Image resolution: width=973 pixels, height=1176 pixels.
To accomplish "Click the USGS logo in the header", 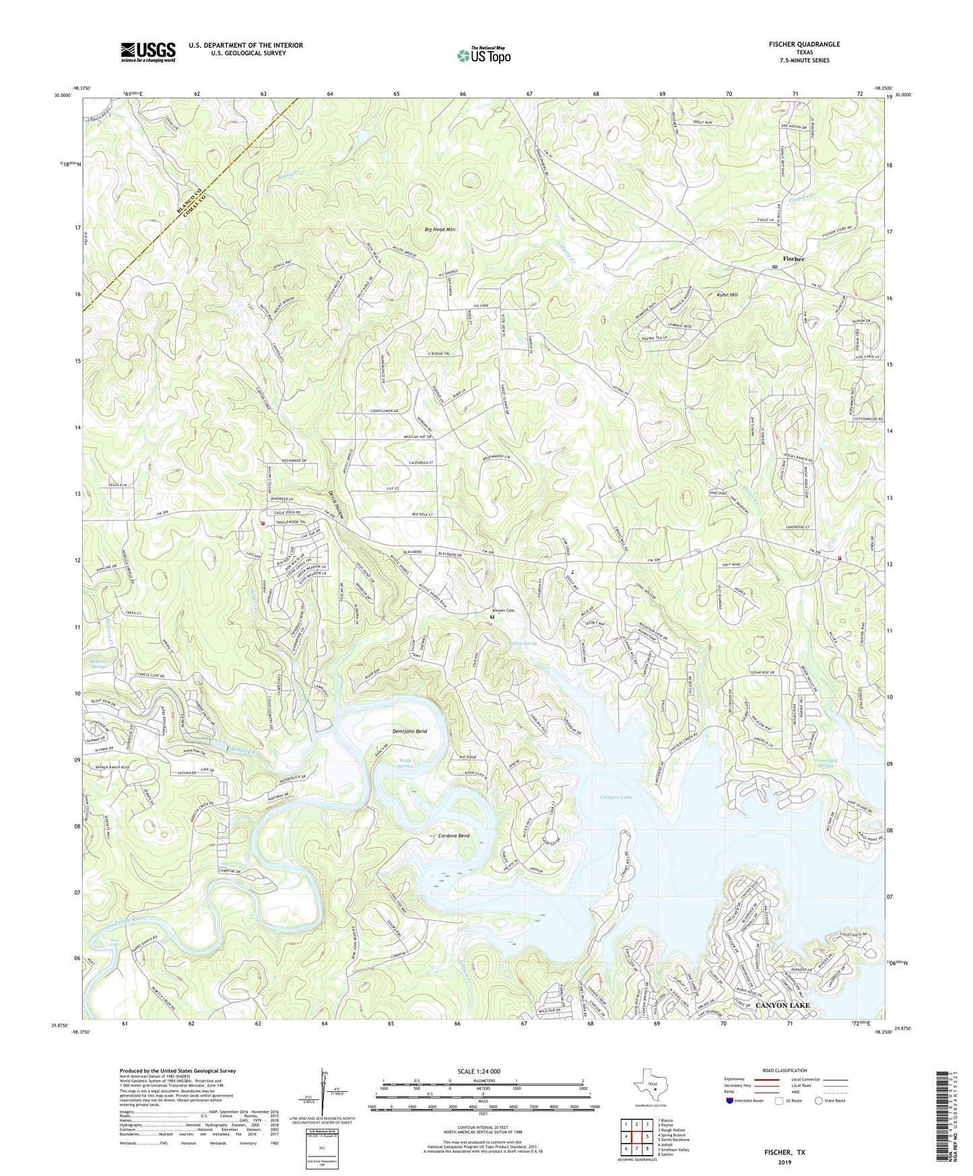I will [x=147, y=52].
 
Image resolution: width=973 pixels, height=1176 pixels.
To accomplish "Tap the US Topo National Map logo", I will [x=483, y=55].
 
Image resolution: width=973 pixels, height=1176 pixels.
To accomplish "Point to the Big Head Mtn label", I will [x=440, y=230].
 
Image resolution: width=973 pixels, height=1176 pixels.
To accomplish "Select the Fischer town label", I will [x=793, y=259].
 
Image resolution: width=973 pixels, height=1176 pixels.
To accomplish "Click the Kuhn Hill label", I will [x=727, y=295].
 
